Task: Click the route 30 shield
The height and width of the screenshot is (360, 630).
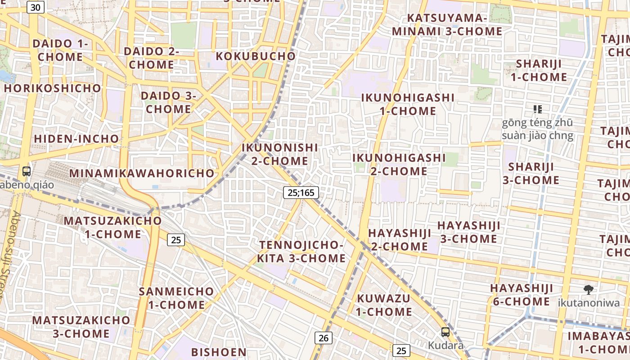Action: tap(36, 7)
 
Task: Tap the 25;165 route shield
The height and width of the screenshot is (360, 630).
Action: tap(301, 193)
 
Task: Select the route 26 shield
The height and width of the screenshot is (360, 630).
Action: tap(323, 337)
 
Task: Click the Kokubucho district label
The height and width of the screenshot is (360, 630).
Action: tap(256, 56)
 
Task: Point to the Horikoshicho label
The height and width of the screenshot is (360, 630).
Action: tap(53, 88)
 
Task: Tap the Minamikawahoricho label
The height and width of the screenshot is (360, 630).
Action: tap(142, 173)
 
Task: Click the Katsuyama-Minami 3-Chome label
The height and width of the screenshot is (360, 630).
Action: tap(447, 25)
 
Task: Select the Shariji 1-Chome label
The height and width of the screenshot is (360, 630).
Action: tap(539, 70)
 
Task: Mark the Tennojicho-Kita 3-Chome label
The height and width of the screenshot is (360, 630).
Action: tap(301, 252)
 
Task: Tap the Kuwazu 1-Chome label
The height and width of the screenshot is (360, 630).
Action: tap(384, 305)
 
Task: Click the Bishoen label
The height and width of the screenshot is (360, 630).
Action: tap(219, 352)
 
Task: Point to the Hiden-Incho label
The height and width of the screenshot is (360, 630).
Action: tap(76, 139)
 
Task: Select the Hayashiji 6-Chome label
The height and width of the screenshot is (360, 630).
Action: tap(522, 295)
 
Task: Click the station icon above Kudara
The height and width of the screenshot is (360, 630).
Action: tap(445, 332)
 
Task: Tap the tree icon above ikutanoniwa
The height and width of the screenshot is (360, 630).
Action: tap(588, 290)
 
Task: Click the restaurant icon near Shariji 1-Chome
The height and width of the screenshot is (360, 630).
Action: tap(537, 109)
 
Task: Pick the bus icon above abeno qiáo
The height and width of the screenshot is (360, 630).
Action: tap(27, 171)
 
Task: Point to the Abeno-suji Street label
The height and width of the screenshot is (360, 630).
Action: tap(10, 261)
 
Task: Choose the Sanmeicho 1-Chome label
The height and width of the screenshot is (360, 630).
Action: tap(176, 298)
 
